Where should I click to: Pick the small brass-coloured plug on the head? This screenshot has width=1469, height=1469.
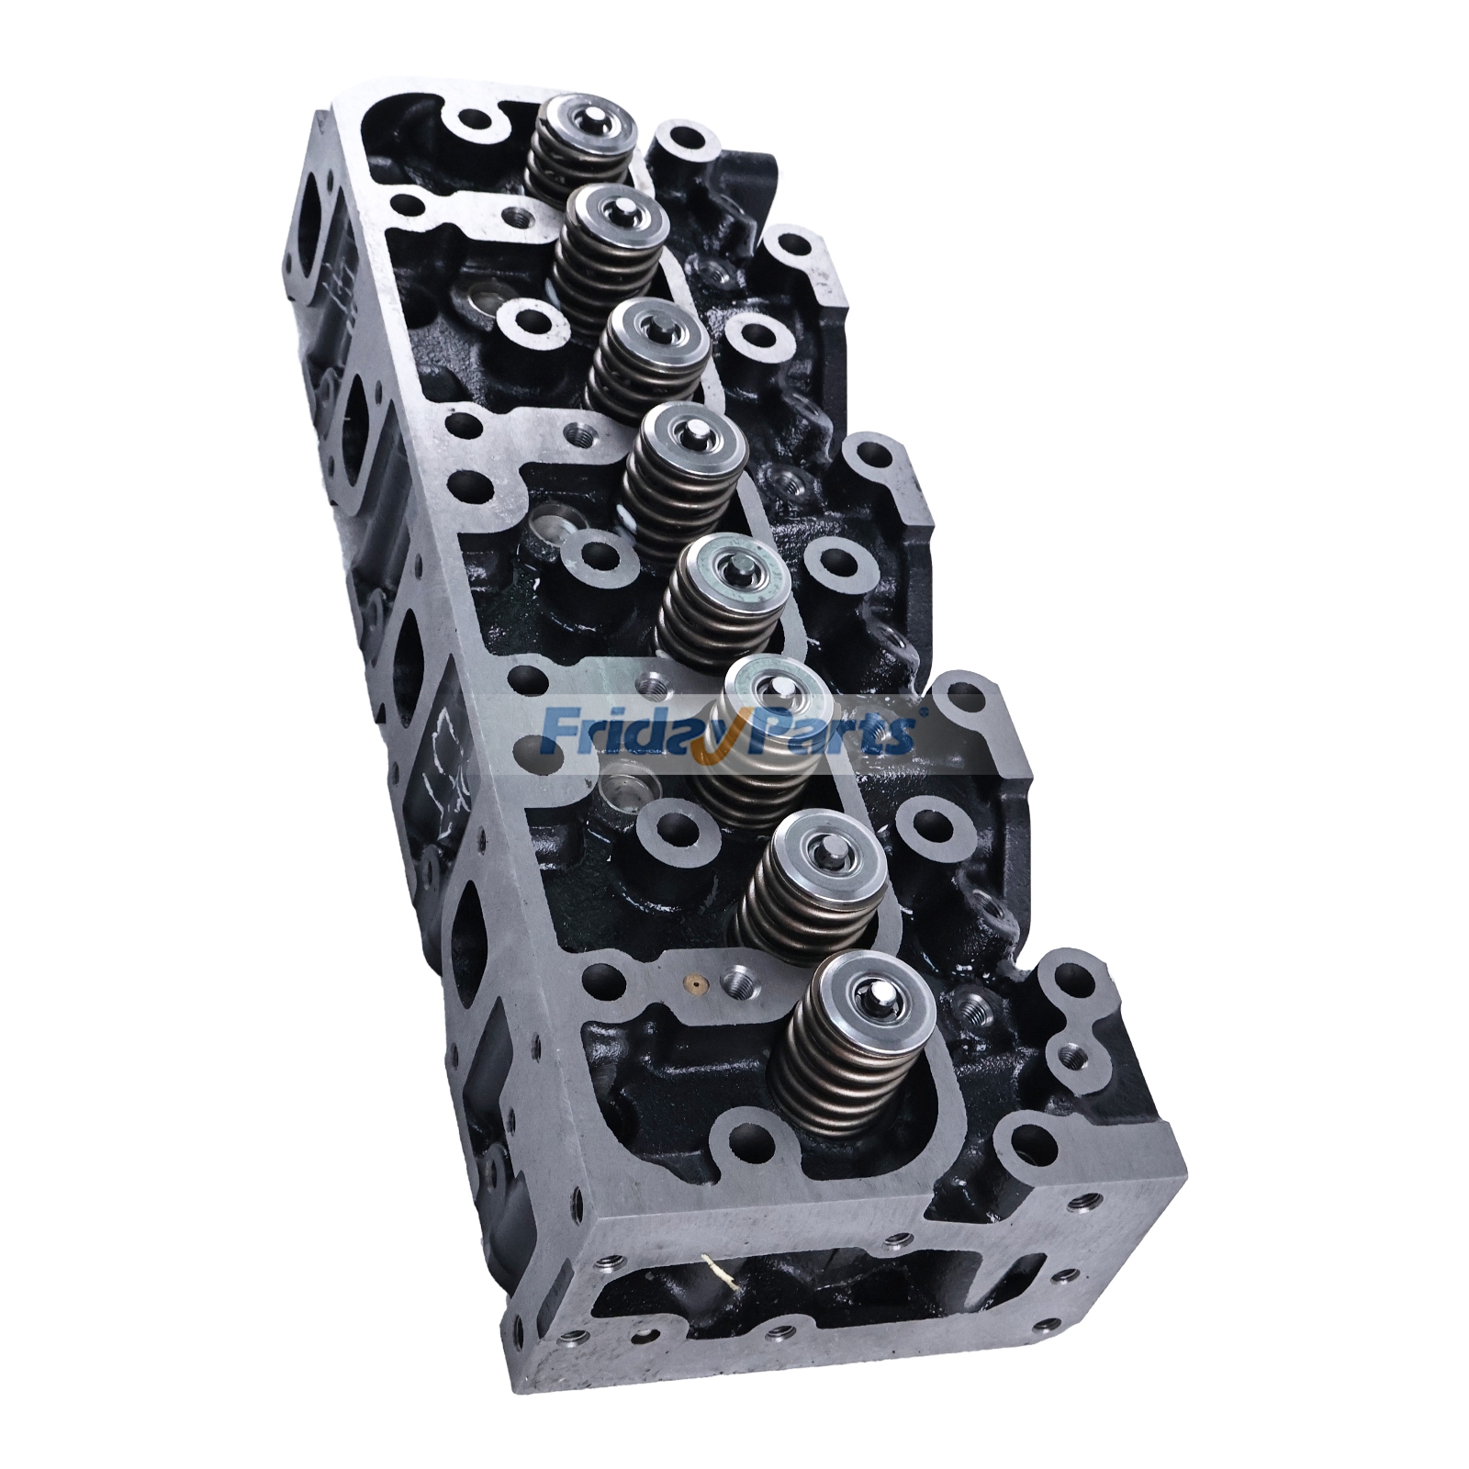pyautogui.click(x=699, y=988)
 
